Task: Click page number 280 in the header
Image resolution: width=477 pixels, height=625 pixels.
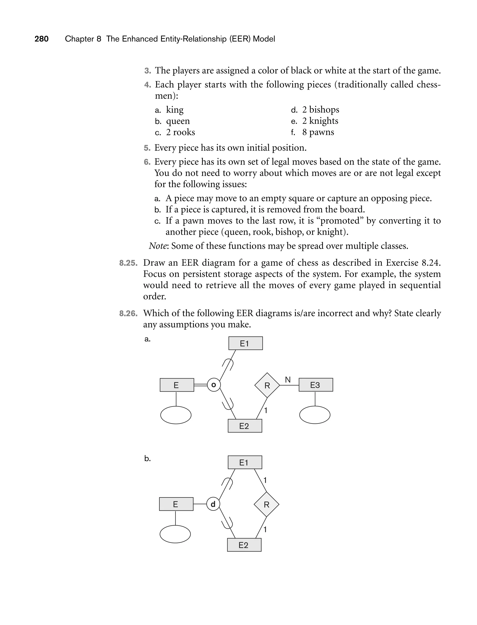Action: tap(41, 39)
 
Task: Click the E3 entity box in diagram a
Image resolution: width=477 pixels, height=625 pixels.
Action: tap(315, 385)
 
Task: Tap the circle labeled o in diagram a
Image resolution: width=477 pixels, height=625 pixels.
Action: tap(214, 385)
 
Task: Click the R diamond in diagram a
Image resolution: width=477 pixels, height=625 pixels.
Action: tap(267, 385)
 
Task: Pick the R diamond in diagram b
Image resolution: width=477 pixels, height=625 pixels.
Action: tap(266, 504)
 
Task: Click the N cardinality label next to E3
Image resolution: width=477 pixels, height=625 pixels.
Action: tap(288, 380)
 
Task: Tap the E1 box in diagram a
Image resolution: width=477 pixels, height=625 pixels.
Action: tap(245, 343)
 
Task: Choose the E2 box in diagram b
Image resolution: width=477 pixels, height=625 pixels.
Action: tap(244, 545)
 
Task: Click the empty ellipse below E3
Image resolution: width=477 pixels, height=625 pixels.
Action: tap(315, 415)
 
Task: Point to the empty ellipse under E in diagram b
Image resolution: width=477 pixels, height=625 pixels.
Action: tap(175, 534)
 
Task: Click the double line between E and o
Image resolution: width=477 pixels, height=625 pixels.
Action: tap(201, 385)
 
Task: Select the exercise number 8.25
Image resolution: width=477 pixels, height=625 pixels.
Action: tap(128, 263)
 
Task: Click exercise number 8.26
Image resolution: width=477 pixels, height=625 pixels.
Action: tap(128, 314)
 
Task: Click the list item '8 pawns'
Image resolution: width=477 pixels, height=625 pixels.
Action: tap(318, 132)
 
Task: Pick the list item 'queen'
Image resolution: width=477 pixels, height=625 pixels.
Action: tap(178, 121)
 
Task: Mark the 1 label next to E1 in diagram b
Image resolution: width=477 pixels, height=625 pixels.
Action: tap(265, 480)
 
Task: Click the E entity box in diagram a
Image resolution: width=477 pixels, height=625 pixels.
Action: tap(177, 385)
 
